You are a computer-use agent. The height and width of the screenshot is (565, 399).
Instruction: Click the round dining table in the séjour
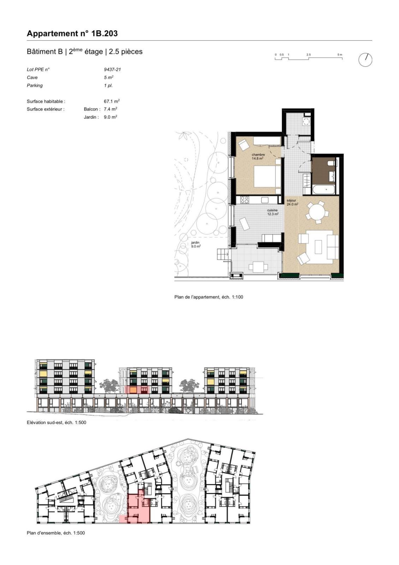coord(317,212)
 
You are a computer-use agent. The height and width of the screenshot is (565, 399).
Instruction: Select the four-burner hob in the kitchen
coord(244,200)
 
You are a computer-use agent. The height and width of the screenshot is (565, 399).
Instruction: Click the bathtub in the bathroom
coord(324,189)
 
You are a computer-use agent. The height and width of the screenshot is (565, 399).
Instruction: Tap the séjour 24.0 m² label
coord(292,202)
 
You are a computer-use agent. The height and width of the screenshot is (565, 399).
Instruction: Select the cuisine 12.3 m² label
coord(273,212)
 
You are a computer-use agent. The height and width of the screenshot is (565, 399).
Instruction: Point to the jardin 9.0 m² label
coord(196,244)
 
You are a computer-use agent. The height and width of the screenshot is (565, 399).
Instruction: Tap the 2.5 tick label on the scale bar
coord(309,54)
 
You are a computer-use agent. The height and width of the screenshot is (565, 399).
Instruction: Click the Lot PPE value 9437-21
coord(112,70)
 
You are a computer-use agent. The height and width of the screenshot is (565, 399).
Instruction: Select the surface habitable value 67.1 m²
coord(112,101)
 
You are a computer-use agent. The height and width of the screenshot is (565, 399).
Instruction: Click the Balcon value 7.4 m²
coord(111,109)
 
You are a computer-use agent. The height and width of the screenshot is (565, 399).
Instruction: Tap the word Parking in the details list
coord(35,85)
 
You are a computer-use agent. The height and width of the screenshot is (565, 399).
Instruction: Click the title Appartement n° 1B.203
coord(72,34)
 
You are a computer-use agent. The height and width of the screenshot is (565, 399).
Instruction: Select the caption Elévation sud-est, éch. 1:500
coord(56,422)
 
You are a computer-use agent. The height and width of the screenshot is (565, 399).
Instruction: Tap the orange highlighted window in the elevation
coord(133,390)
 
